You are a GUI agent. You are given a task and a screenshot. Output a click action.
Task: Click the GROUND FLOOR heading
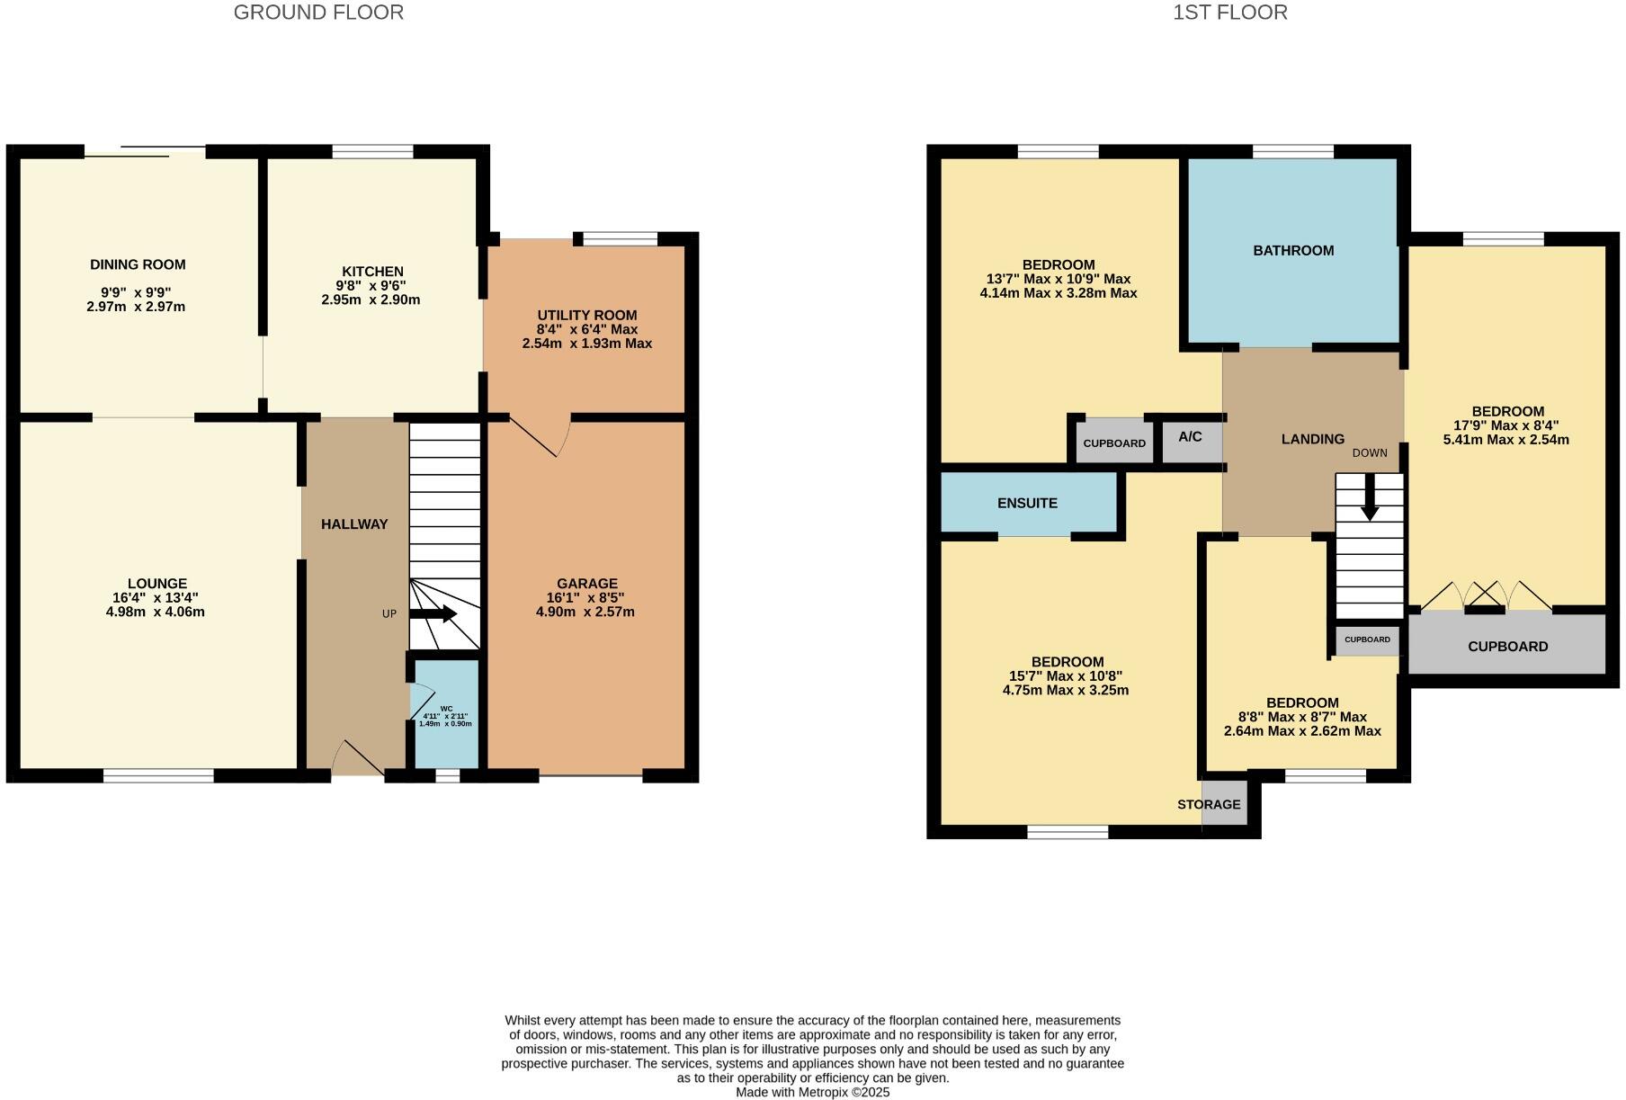tap(318, 13)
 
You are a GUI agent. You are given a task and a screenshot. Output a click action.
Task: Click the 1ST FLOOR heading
tap(1229, 13)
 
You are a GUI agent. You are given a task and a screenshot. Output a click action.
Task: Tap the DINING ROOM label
tap(138, 264)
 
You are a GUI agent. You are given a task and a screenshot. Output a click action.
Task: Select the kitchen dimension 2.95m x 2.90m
tap(371, 300)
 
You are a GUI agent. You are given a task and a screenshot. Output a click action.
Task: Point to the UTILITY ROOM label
tap(586, 315)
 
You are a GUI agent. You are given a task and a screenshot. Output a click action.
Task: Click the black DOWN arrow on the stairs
tap(1369, 497)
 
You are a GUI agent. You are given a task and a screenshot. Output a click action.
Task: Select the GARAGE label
tap(586, 583)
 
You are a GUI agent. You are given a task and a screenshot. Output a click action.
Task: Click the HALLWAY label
tap(354, 524)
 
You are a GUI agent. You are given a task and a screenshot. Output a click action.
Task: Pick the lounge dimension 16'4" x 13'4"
tap(156, 597)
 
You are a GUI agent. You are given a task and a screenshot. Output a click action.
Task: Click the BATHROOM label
tap(1293, 251)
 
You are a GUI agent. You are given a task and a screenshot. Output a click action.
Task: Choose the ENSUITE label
tap(1027, 503)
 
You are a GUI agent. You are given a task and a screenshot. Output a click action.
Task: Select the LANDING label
tap(1312, 439)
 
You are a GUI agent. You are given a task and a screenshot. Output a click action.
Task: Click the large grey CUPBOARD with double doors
tap(1507, 646)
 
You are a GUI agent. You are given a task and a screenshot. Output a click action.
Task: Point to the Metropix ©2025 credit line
tap(812, 1092)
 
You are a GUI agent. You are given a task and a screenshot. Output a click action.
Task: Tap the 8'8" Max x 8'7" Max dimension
tap(1301, 717)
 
